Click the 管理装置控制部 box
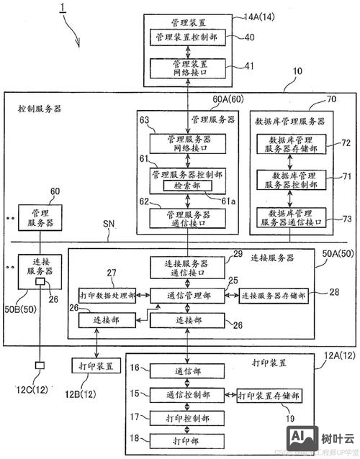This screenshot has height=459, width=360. pos(188,36)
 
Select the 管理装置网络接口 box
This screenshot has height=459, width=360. pos(188,68)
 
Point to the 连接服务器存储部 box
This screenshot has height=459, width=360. pos(274,295)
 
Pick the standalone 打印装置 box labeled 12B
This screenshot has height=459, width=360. pos(94,365)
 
